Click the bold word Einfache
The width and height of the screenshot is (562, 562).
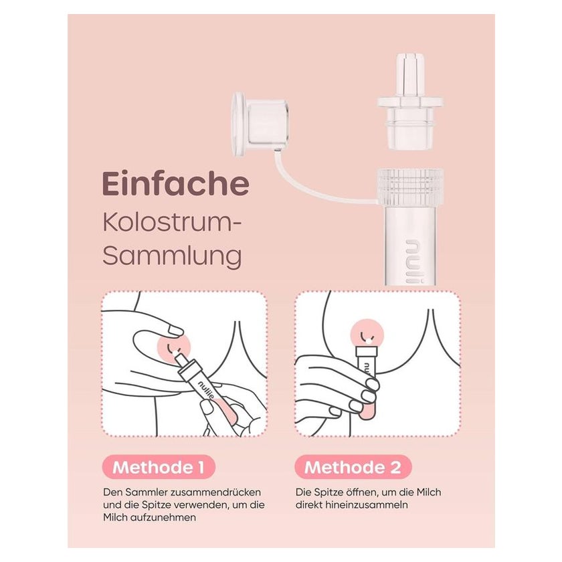(x=175, y=184)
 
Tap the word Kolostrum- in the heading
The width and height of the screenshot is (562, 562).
(x=172, y=223)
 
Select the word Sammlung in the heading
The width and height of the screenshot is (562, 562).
(x=172, y=256)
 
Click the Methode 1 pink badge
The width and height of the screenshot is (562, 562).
(x=159, y=468)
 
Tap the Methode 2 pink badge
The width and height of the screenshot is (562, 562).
(x=353, y=468)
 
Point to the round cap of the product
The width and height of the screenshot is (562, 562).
(x=260, y=124)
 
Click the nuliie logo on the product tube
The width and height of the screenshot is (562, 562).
(x=414, y=261)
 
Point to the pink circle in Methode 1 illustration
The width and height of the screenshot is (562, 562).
(x=174, y=348)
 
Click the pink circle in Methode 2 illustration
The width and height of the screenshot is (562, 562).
(x=367, y=336)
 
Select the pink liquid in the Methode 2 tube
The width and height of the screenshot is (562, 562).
(x=367, y=413)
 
